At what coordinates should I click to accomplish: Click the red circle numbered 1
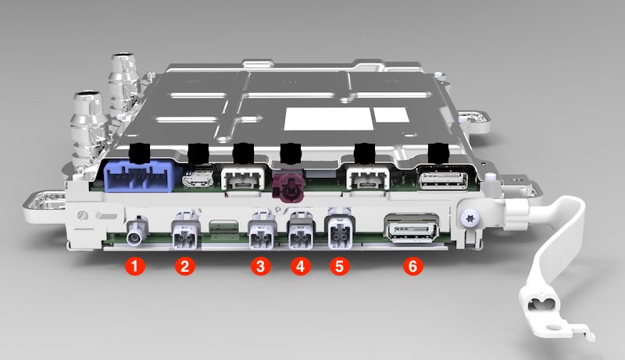coord(134,266)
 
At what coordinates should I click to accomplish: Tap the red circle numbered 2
coord(185,266)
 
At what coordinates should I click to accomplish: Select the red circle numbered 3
coord(261,266)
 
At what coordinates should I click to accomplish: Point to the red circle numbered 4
coord(301,266)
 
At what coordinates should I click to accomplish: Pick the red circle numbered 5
coord(340,266)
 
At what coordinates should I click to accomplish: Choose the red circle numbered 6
coord(412,266)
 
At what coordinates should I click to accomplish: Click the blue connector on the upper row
coord(139,176)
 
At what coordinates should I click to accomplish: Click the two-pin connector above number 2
coord(185,234)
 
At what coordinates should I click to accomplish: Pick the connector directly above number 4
coord(301,234)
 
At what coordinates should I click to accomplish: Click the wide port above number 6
coord(412,229)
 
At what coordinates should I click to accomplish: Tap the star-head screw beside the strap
coord(468,219)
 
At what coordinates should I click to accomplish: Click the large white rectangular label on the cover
coord(328,119)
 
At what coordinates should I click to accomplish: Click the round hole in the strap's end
coord(553,327)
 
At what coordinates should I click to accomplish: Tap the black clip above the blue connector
coord(140,153)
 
